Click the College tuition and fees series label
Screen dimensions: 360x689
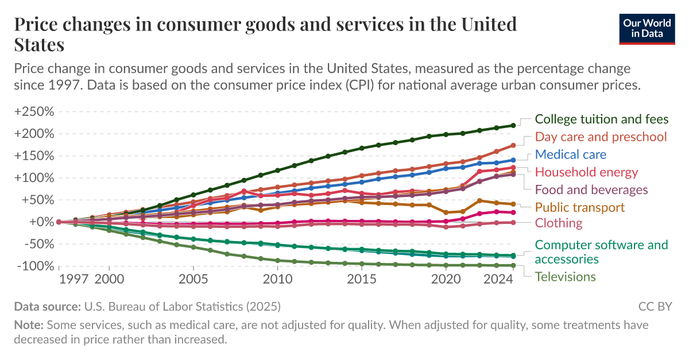coord(601,119)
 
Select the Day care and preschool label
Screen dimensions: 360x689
coord(601,137)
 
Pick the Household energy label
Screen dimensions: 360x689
coord(586,172)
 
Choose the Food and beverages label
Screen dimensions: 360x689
coord(591,189)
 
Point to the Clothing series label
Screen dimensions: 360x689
coord(558,223)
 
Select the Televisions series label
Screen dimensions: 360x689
coord(565,277)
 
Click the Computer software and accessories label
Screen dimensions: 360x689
coord(601,252)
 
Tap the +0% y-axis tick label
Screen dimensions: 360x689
coord(40,222)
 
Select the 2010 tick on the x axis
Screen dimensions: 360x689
coord(278,279)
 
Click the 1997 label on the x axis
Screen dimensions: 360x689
coord(73,279)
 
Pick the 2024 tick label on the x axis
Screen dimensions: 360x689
coord(497,279)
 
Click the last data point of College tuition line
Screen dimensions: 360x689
coord(513,125)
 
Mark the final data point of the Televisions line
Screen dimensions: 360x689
coord(513,265)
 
